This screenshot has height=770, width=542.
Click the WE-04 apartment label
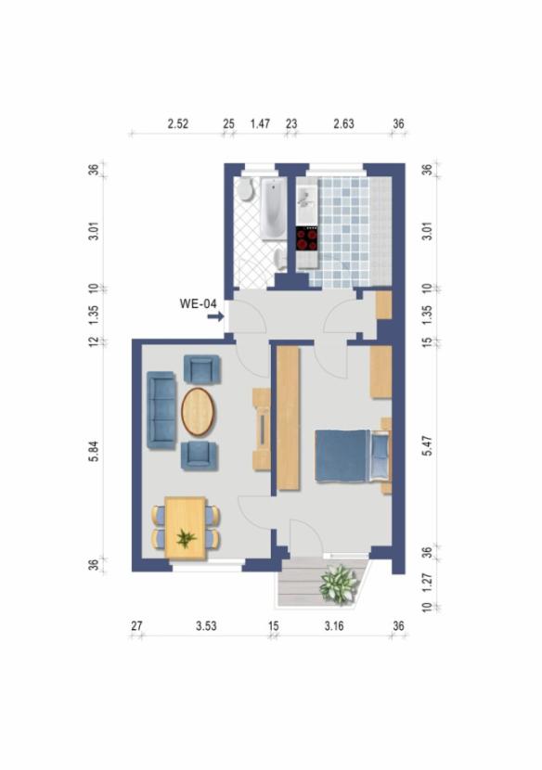198,302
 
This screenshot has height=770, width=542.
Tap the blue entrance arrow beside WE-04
215,317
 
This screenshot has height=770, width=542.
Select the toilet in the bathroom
245,191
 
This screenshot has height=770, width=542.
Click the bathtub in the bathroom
271,209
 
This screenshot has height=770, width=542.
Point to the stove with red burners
307,239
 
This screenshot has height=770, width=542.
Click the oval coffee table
197,411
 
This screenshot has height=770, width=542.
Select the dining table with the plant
186,527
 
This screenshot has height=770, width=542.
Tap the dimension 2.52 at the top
177,124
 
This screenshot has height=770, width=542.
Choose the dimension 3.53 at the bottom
206,627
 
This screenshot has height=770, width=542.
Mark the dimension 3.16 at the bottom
334,627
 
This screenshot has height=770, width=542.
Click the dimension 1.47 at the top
260,124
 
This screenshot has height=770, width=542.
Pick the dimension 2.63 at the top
343,124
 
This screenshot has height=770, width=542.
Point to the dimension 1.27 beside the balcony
427,582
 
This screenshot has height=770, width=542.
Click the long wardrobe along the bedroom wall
288,418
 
